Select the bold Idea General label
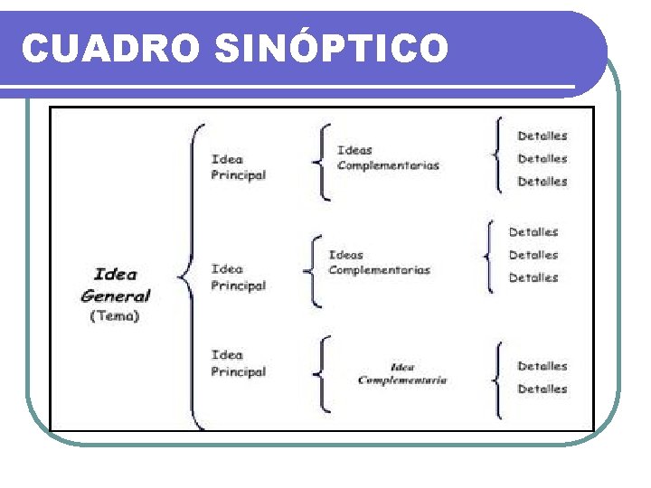pos(116,285)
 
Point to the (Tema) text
pos(115,316)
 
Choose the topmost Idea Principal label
pos(239,167)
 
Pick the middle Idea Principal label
pos(239,277)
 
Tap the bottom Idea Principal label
pos(239,363)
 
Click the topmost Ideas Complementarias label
pos(388,157)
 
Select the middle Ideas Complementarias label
pos(379,262)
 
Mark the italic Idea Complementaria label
pos(402,373)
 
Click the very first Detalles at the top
pos(542,136)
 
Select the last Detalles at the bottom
pos(542,389)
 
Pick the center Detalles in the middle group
pos(533,255)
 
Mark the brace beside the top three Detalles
pos(496,155)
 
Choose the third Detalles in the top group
pos(542,181)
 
